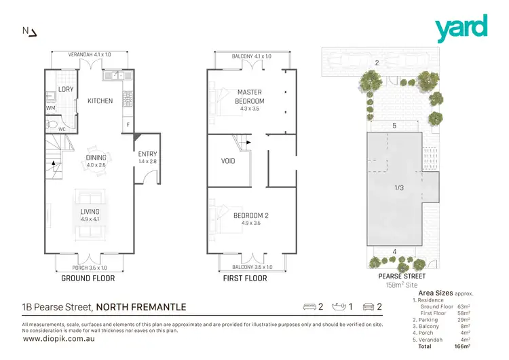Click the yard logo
point(461,27)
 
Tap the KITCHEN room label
point(100,101)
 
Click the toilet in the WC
point(53,124)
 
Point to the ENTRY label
point(147,154)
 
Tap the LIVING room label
point(90,211)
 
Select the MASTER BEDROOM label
point(249,96)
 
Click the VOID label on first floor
point(228,162)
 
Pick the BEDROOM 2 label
point(251,215)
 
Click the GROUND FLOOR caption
point(88,278)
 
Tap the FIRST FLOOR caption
point(246,278)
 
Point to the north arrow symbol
point(31,31)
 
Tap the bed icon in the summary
point(309,307)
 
